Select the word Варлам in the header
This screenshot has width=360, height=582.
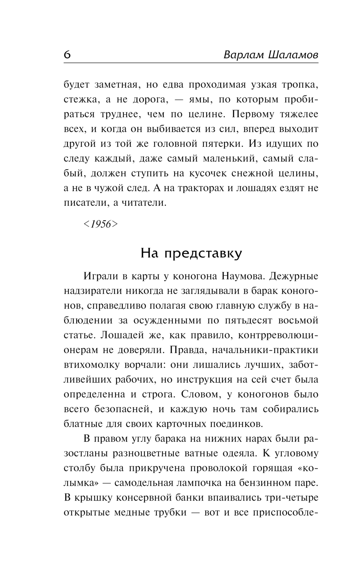pos(243,55)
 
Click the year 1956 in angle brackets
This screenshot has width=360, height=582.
pos(101,224)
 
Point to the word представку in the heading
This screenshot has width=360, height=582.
pos(203,254)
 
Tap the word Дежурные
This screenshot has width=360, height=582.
pos(294,277)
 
